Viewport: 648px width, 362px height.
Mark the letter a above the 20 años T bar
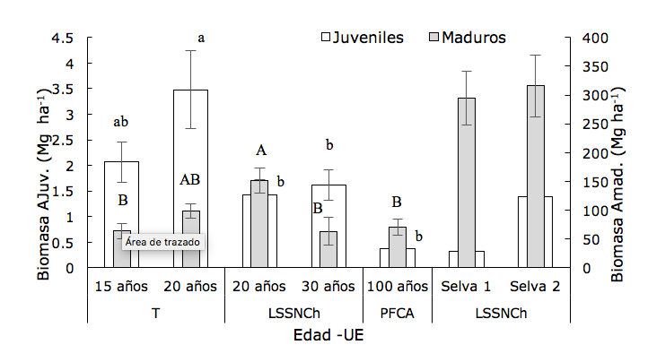tap(201, 38)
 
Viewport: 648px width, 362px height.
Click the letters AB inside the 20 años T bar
tap(189, 179)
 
